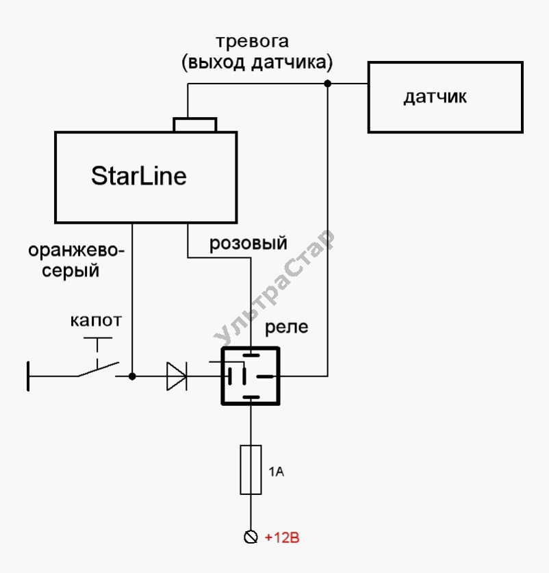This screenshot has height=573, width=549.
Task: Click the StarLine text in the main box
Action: click(x=139, y=176)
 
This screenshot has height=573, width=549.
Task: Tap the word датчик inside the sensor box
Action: click(x=435, y=97)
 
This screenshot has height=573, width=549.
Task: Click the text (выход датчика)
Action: click(x=257, y=64)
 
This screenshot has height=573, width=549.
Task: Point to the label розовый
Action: click(x=248, y=243)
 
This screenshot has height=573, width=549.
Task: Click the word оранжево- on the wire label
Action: click(x=77, y=251)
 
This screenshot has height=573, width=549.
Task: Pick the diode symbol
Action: click(x=177, y=376)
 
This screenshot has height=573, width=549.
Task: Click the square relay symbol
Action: click(x=251, y=375)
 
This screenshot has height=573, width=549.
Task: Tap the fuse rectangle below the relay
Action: click(x=251, y=469)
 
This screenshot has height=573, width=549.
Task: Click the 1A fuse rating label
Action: click(x=275, y=472)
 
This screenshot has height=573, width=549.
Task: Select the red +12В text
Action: click(x=281, y=537)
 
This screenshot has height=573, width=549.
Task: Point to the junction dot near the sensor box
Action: click(x=328, y=84)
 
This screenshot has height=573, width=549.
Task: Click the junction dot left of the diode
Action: click(x=132, y=376)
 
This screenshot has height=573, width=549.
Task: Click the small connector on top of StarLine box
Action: click(x=195, y=125)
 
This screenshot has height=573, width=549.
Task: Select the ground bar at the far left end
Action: click(x=29, y=376)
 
